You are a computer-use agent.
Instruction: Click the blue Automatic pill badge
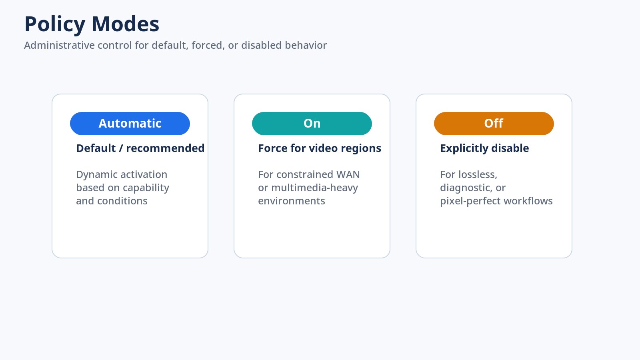(130, 124)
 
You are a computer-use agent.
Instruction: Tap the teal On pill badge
(312, 124)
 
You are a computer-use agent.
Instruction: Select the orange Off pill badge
(494, 124)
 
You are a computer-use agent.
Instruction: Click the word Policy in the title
(55, 24)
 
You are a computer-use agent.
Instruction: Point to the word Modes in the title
(126, 24)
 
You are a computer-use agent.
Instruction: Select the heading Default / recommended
(140, 148)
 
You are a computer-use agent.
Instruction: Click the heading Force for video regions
(320, 148)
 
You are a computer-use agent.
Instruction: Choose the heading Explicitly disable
(484, 148)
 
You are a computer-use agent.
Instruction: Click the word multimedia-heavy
(314, 188)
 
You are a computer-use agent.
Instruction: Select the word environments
(292, 201)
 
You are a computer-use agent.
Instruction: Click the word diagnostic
(466, 188)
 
